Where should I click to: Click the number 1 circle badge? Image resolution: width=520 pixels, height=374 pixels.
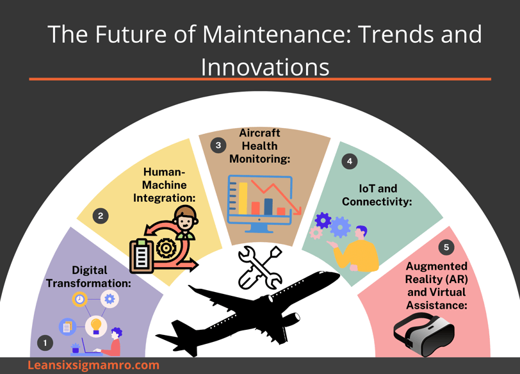pyautogui.click(x=45, y=343)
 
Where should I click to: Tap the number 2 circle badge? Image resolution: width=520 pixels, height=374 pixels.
pyautogui.click(x=101, y=216)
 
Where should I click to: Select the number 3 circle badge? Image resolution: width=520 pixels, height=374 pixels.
pyautogui.click(x=218, y=145)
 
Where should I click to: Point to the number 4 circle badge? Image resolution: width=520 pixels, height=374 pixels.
pyautogui.click(x=350, y=161)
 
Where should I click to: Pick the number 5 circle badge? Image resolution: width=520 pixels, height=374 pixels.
pyautogui.click(x=446, y=247)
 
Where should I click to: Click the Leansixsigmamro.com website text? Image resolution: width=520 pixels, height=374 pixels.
pyautogui.click(x=93, y=365)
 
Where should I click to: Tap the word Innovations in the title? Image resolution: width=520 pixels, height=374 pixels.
pyautogui.click(x=265, y=67)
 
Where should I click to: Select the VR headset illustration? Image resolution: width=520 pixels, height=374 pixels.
pyautogui.click(x=424, y=334)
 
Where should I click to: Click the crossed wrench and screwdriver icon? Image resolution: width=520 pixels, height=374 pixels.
pyautogui.click(x=260, y=267)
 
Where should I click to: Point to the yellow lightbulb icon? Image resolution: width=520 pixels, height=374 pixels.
pyautogui.click(x=96, y=326)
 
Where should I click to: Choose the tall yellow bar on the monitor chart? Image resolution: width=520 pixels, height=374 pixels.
pyautogui.click(x=243, y=199)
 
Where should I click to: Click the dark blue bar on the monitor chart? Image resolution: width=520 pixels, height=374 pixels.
pyautogui.click(x=268, y=207)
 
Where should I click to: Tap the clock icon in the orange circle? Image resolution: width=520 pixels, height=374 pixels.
pyautogui.click(x=79, y=299)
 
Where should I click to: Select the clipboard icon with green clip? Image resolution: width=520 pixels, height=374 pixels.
pyautogui.click(x=142, y=256)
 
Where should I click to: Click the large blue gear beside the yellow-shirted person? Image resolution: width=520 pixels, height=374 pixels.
pyautogui.click(x=340, y=227)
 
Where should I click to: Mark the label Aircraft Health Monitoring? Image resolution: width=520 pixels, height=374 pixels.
pyautogui.click(x=259, y=146)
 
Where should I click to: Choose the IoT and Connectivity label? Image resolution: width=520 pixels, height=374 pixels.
pyautogui.click(x=377, y=195)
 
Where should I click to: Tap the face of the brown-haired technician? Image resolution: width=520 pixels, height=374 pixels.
pyautogui.click(x=184, y=222)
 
